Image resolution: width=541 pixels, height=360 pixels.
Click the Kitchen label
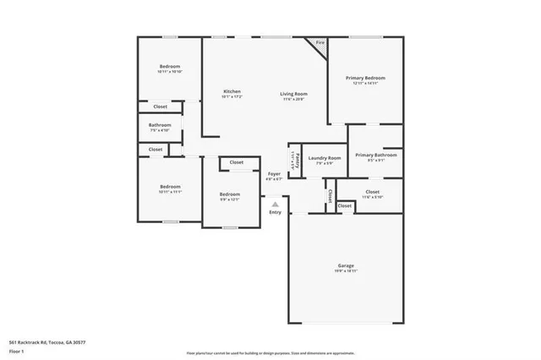(x=232, y=91)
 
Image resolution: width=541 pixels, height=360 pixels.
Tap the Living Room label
(x=294, y=94)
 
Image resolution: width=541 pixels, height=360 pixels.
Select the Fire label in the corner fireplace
(x=320, y=43)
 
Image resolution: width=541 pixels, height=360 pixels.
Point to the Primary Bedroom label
(x=365, y=78)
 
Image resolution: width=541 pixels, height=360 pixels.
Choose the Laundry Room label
(x=324, y=158)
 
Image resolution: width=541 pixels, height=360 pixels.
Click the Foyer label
(x=274, y=173)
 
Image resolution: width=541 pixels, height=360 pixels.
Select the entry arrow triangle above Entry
(x=275, y=204)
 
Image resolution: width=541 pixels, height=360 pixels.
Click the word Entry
(x=275, y=212)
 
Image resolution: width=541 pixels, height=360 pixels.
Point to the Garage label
(x=346, y=265)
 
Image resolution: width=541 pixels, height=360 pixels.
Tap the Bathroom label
(x=160, y=125)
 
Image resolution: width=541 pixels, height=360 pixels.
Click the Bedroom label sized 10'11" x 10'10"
(x=170, y=67)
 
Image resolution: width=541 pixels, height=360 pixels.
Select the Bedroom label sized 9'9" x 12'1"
(x=230, y=194)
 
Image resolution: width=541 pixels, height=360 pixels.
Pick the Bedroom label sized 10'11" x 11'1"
(x=170, y=187)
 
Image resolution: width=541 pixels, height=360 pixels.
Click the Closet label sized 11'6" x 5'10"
(x=372, y=192)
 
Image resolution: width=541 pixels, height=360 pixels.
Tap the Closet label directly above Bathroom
(x=160, y=106)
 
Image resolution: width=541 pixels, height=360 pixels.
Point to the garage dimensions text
(x=346, y=271)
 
